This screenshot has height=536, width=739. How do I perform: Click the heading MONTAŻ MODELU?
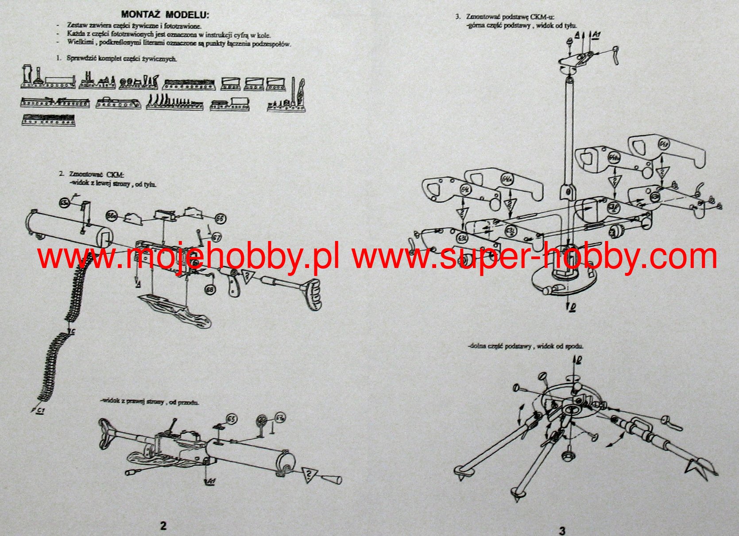[165, 14]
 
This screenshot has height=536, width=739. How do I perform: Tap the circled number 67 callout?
[216, 237]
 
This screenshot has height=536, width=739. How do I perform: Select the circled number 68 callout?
[210, 289]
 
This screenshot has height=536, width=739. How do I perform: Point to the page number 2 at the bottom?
[163, 526]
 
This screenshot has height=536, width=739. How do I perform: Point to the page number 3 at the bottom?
[562, 530]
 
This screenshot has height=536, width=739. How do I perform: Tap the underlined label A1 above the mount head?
[596, 35]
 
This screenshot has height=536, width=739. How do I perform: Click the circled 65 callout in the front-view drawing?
[231, 419]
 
